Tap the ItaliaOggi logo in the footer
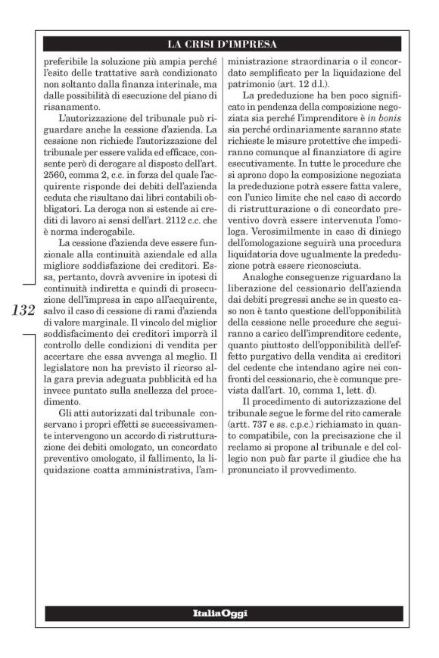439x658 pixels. [x=219, y=612]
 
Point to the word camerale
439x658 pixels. [x=388, y=418]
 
